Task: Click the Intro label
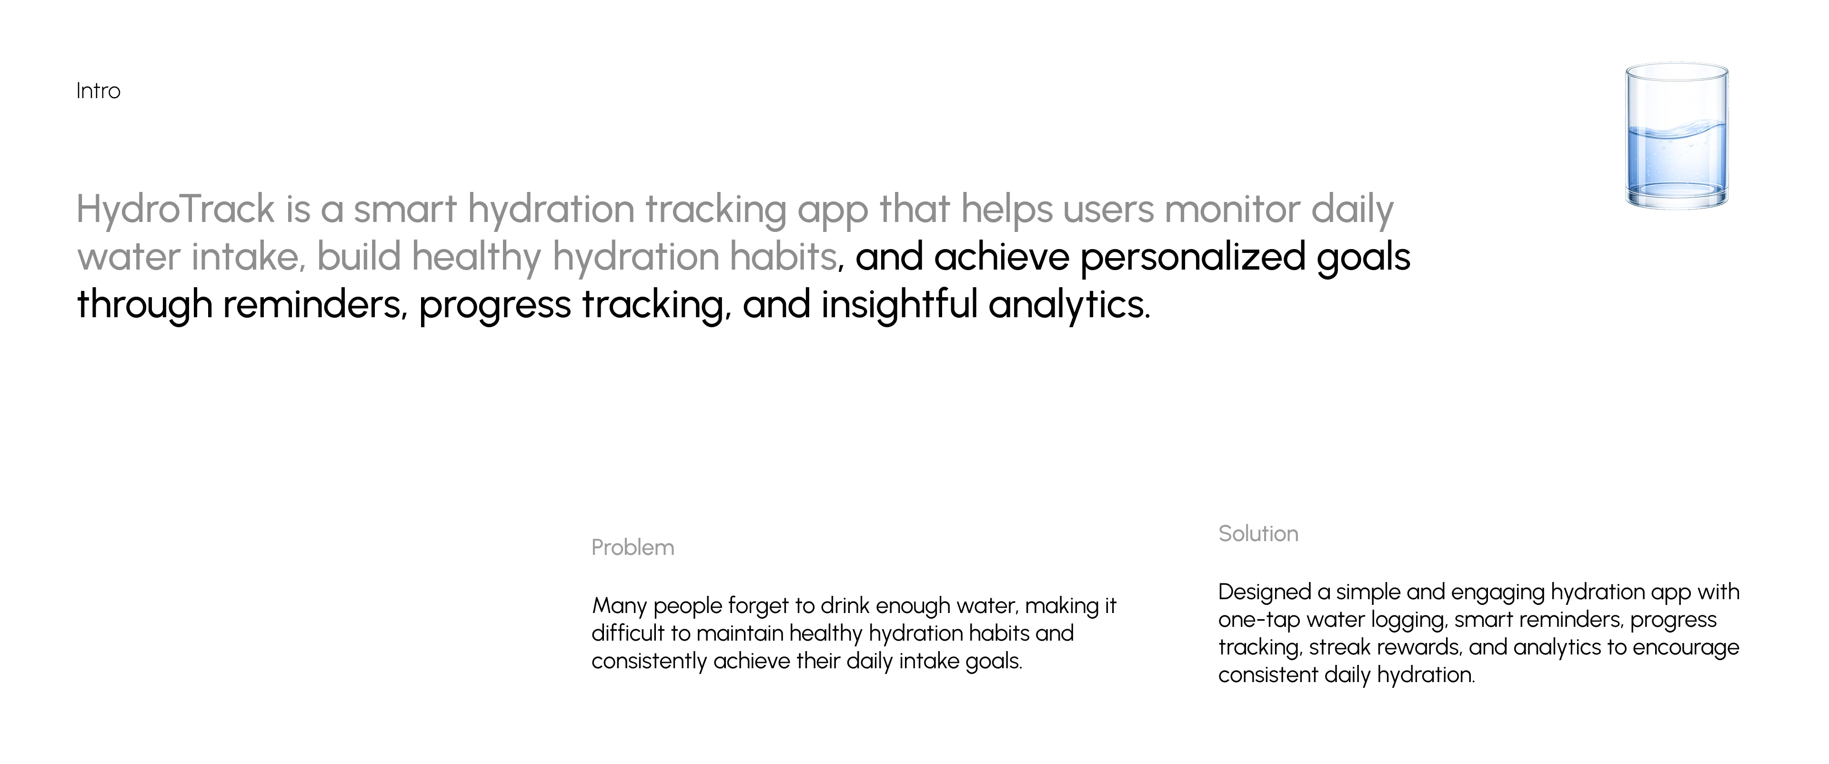[98, 91]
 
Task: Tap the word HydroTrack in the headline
[175, 210]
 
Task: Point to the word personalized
[1192, 257]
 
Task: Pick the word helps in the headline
[1006, 210]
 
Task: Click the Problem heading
[633, 547]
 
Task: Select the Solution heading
[1258, 533]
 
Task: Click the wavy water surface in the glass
[1677, 131]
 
